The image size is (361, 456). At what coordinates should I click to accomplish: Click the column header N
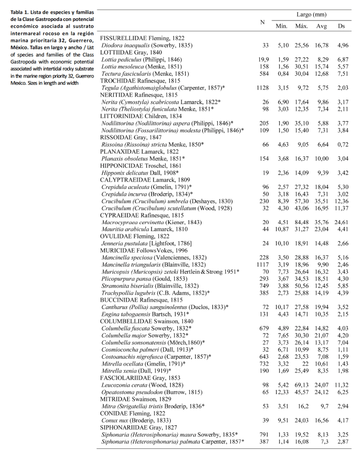pyautogui.click(x=263, y=22)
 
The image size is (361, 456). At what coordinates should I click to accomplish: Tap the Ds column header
pyautogui.click(x=342, y=26)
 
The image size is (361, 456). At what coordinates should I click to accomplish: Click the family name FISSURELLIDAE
pyautogui.click(x=121, y=38)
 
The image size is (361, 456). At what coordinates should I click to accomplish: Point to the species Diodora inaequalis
pyautogui.click(x=124, y=45)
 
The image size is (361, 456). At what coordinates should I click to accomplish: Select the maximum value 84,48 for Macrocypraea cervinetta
pyautogui.click(x=302, y=222)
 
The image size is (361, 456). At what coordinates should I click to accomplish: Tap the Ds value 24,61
pyautogui.click(x=342, y=222)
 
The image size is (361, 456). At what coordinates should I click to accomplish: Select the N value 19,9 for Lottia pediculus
pyautogui.click(x=263, y=59)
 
